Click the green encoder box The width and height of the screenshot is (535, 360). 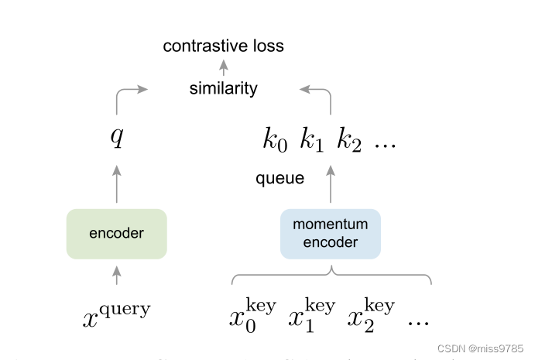(117, 233)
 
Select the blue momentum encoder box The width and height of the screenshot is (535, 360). (331, 233)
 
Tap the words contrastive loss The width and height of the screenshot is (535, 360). (223, 46)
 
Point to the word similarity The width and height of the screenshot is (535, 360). (223, 88)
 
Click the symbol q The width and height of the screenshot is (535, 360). (117, 138)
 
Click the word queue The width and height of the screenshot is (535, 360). (280, 179)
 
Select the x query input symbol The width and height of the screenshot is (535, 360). (117, 314)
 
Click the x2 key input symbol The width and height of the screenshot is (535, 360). (371, 314)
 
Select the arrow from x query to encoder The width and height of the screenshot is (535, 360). (117, 274)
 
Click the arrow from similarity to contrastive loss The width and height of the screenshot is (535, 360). (223, 67)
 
